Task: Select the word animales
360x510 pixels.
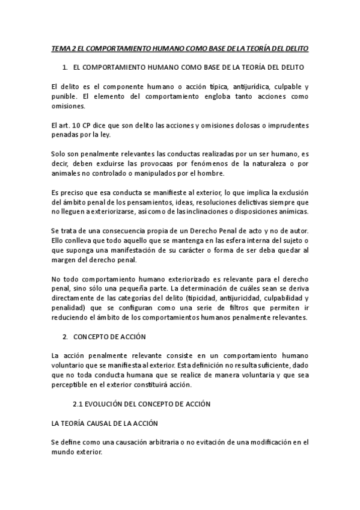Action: pyautogui.click(x=66, y=174)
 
